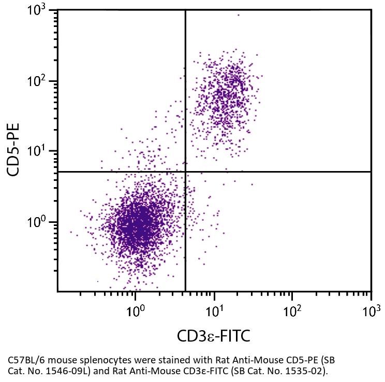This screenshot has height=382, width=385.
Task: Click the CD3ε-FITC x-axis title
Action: (214, 336)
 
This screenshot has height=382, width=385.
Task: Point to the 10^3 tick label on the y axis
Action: (36, 10)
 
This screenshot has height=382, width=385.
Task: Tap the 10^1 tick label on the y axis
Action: (36, 151)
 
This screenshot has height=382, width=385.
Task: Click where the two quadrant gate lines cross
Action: (185, 172)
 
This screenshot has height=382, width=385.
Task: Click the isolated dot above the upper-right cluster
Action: (238, 15)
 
